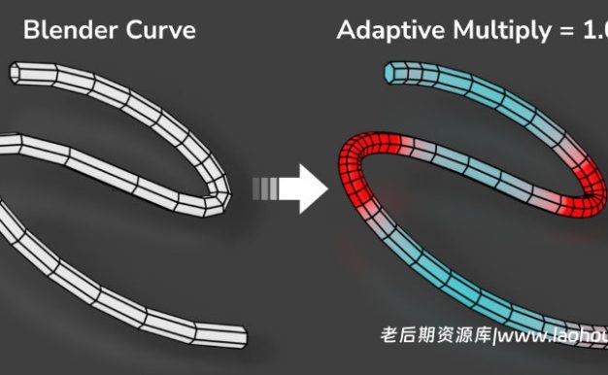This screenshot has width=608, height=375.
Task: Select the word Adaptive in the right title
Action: tap(386, 30)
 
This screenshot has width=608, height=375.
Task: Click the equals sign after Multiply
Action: tap(562, 31)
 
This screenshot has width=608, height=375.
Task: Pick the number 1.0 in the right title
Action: tap(592, 30)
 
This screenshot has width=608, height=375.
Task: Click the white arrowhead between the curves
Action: tap(309, 187)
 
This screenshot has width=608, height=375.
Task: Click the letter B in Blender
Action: tap(30, 30)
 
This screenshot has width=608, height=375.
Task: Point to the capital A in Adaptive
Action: tap(347, 30)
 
